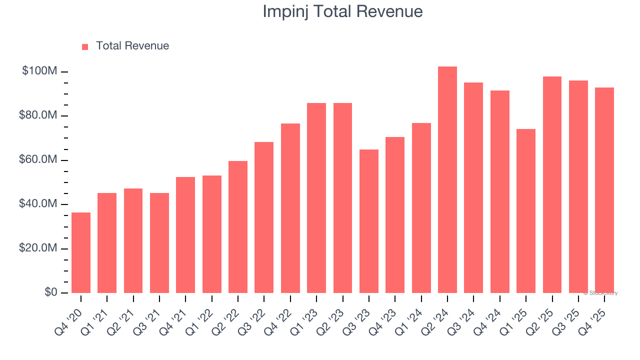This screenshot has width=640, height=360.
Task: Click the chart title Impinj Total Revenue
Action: pos(342,11)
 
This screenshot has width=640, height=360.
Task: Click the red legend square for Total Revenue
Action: pos(85,46)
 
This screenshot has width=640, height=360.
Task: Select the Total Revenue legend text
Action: pos(132,46)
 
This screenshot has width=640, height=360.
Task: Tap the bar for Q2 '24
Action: pos(447,180)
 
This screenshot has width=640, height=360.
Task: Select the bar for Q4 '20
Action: pos(81,252)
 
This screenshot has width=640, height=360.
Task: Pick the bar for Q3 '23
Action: pos(368,221)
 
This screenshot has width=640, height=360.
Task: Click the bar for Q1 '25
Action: pos(525,211)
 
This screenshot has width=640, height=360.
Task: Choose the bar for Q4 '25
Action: pos(604,190)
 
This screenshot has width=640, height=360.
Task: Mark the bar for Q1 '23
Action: pos(316,198)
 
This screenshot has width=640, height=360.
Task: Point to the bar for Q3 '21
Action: pos(159,243)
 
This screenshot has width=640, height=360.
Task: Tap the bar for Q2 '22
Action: pos(238,227)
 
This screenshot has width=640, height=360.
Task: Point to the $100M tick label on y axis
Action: pos(39,71)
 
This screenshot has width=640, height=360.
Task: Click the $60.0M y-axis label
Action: pos(38,160)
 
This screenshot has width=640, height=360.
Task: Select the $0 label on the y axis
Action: pos(50,292)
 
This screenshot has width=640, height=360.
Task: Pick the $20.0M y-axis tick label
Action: pos(38,248)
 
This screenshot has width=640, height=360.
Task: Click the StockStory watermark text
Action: pos(600,293)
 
